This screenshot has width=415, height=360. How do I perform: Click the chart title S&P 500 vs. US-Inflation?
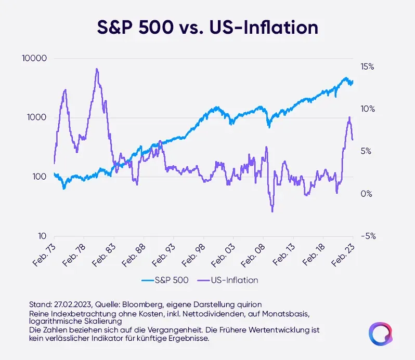207,27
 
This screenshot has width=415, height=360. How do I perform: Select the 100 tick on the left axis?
41,177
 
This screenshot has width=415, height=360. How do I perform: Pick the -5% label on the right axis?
367,236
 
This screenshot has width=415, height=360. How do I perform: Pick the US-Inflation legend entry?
228,280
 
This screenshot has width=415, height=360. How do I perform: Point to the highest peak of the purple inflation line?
97,69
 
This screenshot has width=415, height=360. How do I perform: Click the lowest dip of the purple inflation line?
272,211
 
